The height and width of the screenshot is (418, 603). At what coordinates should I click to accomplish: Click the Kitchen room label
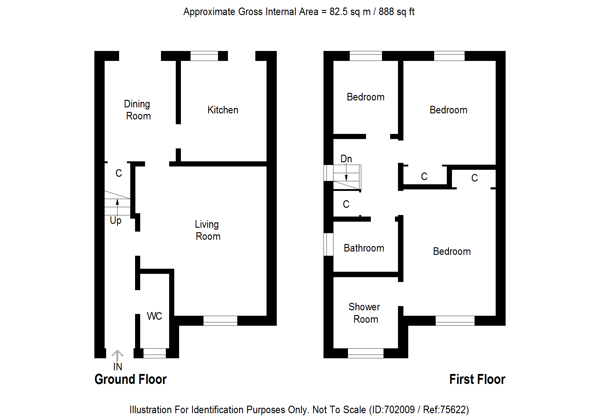pos(223,110)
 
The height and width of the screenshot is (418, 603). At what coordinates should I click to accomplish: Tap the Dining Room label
pos(137,110)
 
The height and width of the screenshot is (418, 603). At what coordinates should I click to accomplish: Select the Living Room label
pos(207,230)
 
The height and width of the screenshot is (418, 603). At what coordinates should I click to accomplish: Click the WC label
pos(154,316)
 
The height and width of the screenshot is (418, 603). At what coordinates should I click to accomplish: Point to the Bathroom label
pos(364,248)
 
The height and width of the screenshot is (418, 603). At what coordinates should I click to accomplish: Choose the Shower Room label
pos(365,313)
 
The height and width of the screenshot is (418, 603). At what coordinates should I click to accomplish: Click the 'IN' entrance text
pos(118,367)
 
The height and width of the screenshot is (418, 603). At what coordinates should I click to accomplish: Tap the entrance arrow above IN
pos(117,355)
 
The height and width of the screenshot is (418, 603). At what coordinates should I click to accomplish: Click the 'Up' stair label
pos(115,220)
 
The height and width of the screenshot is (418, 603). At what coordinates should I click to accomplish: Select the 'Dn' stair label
pos(346,159)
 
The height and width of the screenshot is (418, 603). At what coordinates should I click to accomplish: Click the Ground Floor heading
pos(131,379)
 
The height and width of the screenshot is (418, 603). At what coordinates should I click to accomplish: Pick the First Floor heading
pos(477,379)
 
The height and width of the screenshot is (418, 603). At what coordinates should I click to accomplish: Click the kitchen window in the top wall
pos(204,56)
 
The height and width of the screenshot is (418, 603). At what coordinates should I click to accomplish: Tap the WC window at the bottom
pos(154,353)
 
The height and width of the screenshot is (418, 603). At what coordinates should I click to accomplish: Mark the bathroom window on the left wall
pos(328,244)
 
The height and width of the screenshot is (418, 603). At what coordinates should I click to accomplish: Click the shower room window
pos(365,353)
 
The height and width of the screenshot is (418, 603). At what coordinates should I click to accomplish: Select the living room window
pos(220,321)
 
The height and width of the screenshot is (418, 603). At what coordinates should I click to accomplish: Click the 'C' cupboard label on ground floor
pos(119,173)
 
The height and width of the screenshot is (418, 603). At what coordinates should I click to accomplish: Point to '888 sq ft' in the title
pos(396,12)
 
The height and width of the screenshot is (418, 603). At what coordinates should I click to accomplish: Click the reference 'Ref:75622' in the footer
pos(445,410)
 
